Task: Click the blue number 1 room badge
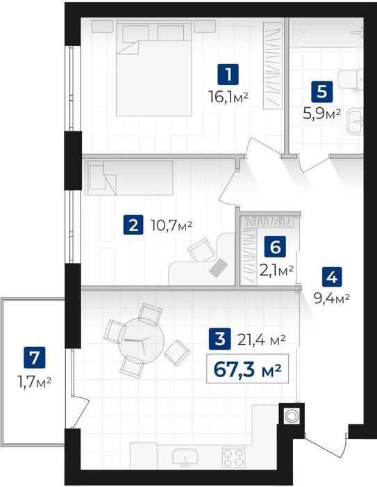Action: (x=228, y=74)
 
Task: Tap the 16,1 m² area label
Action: (x=228, y=97)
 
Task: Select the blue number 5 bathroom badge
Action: (x=322, y=92)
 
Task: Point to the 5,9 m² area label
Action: (x=322, y=114)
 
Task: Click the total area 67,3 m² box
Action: (x=247, y=368)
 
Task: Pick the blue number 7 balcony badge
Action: (x=35, y=357)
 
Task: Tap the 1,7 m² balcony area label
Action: (x=35, y=382)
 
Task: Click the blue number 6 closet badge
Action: (x=275, y=246)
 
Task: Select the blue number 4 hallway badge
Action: (x=332, y=276)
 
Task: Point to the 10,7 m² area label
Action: (x=171, y=225)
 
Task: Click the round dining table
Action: (x=141, y=340)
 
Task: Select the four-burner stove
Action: (x=233, y=457)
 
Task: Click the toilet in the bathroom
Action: (x=351, y=79)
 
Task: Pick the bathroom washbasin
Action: (x=355, y=121)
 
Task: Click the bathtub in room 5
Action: (x=328, y=33)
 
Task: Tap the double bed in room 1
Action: (x=153, y=67)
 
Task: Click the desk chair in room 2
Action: (x=201, y=250)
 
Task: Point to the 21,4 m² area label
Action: (x=261, y=340)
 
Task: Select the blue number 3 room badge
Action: (x=220, y=339)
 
